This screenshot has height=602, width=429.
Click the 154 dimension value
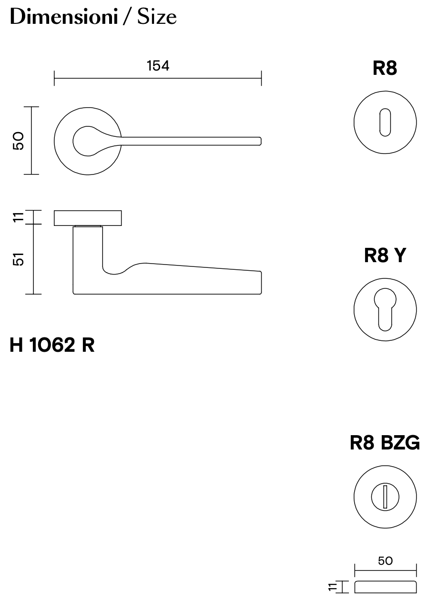[x=158, y=66]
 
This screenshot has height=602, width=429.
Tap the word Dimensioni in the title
[x=63, y=17]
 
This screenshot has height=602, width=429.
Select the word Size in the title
[x=157, y=17]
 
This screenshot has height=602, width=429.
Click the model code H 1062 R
[x=52, y=345]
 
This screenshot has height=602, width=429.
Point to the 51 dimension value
[x=18, y=260]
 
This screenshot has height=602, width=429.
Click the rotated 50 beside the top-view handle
[x=18, y=141]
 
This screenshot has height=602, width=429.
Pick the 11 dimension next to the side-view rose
[x=18, y=217]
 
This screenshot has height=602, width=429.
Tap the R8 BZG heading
[x=385, y=443]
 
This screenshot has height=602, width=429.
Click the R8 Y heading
[x=385, y=255]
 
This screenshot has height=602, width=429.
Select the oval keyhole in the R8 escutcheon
[x=385, y=122]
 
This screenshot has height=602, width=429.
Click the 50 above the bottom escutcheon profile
[x=385, y=561]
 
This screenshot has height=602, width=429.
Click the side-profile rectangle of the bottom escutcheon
[x=385, y=587]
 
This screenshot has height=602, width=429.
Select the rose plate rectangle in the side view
[x=88, y=218]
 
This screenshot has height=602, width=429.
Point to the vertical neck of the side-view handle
[x=88, y=253]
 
